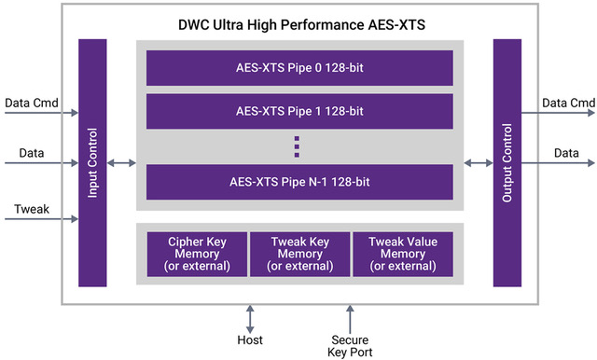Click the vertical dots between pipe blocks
point(297,145)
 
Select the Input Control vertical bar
point(91,163)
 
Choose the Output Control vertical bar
point(507,163)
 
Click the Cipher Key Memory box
point(197,254)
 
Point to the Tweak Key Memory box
point(299,254)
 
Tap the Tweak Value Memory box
point(403,254)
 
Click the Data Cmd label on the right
point(569,101)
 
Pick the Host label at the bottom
point(250,340)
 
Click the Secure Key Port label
point(351,346)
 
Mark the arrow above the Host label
point(250,316)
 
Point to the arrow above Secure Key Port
point(351,316)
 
